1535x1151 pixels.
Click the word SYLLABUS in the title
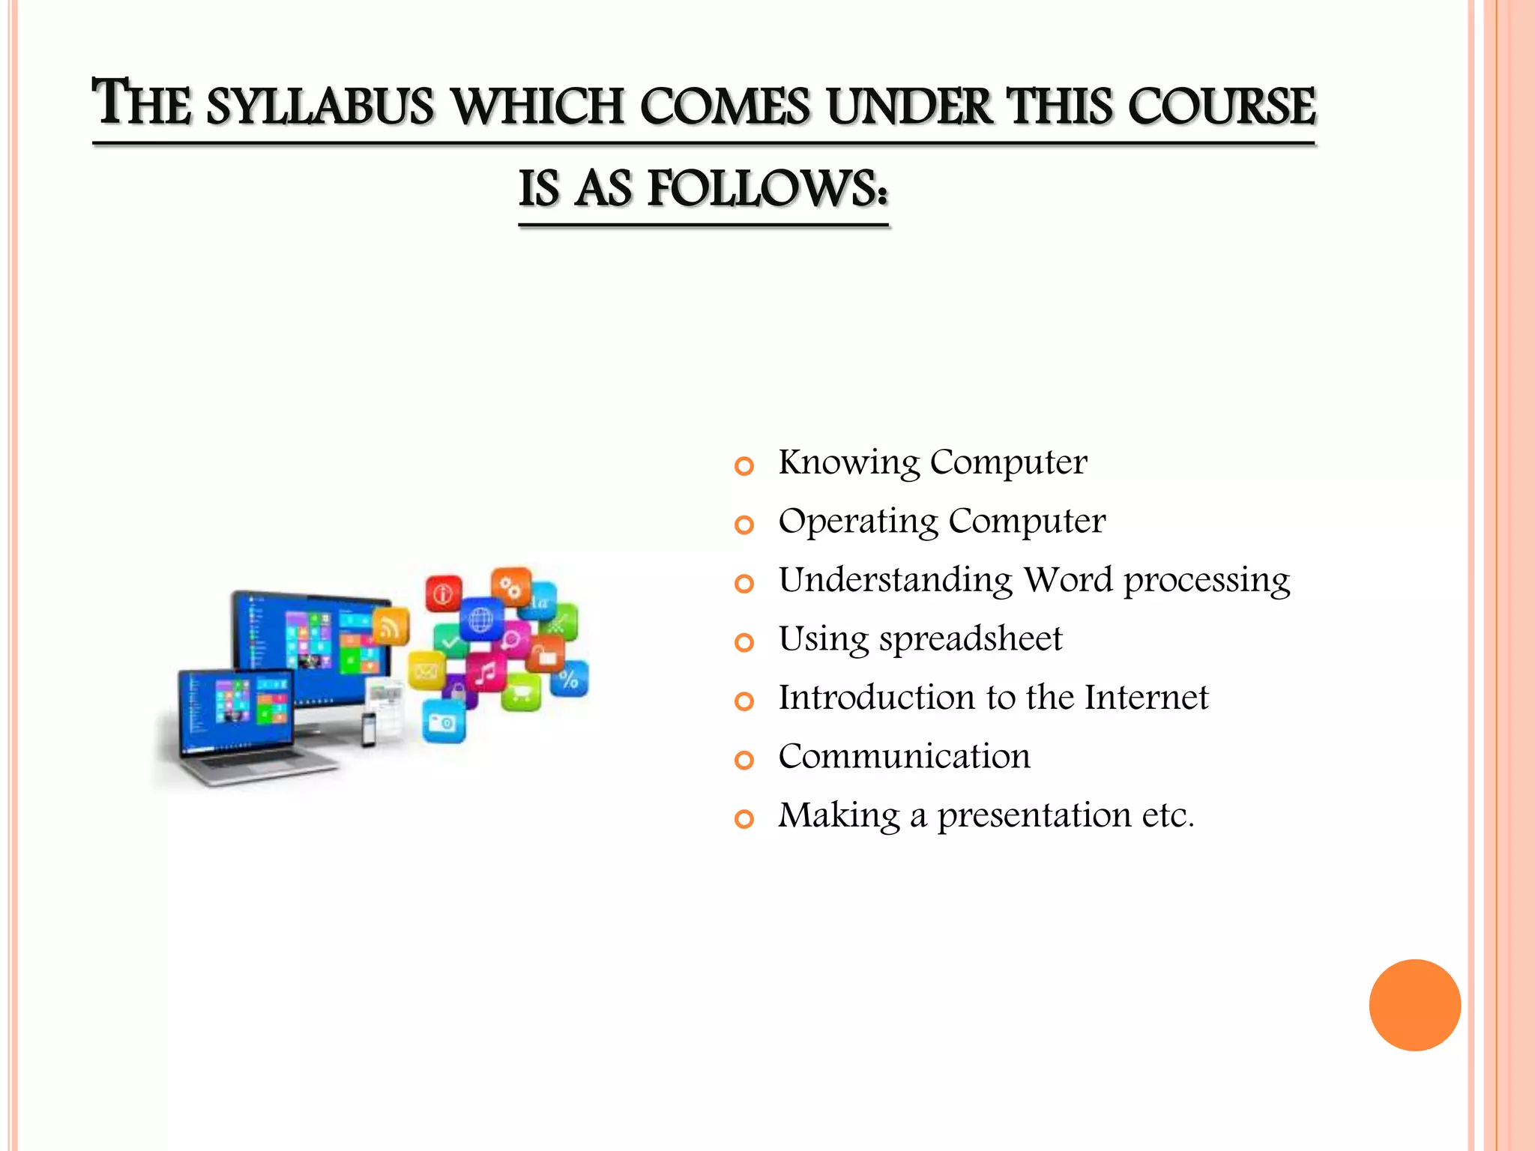(x=320, y=106)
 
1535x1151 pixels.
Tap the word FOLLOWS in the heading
(x=768, y=189)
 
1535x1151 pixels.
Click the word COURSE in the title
(x=1222, y=106)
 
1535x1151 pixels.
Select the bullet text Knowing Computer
(x=932, y=462)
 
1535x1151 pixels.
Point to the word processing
(x=1206, y=581)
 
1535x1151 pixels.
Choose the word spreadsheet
(x=970, y=639)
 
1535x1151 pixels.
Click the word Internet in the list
(x=1146, y=698)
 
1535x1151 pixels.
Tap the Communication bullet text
(x=904, y=757)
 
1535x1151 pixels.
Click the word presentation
(x=1034, y=815)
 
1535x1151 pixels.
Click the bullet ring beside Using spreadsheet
(x=744, y=643)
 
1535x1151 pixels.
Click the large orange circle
(x=1414, y=1005)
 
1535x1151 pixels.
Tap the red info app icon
(x=444, y=594)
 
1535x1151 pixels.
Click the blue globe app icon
(x=480, y=619)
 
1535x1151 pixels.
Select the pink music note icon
(x=486, y=672)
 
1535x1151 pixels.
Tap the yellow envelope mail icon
(x=426, y=671)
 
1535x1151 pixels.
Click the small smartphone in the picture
(x=369, y=729)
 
